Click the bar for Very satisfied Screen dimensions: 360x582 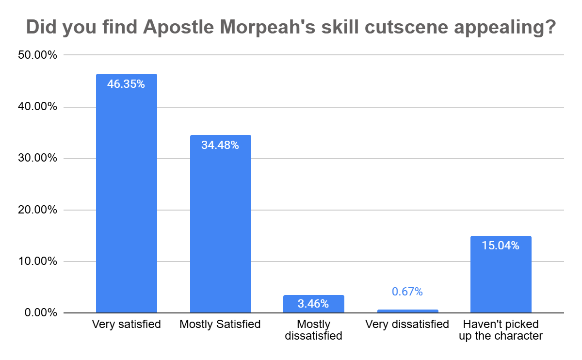click(127, 194)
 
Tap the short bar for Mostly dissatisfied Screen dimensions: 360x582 click(314, 304)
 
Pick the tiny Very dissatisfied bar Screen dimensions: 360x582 click(407, 311)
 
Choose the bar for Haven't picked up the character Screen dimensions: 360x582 click(501, 275)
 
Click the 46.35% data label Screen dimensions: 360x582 click(126, 84)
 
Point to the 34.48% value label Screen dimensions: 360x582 click(220, 145)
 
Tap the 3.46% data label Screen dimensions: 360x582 click(313, 304)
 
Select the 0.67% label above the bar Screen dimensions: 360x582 click(407, 292)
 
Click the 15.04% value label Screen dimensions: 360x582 click(501, 246)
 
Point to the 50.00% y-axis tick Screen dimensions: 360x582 click(37, 55)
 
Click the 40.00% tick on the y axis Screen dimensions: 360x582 click(37, 107)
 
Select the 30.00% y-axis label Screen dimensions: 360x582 click(37, 159)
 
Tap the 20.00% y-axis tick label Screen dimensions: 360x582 click(37, 210)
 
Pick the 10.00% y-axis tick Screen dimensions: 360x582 click(37, 262)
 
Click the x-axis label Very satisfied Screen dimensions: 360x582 click(126, 324)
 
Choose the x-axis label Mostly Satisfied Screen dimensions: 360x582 click(220, 324)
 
